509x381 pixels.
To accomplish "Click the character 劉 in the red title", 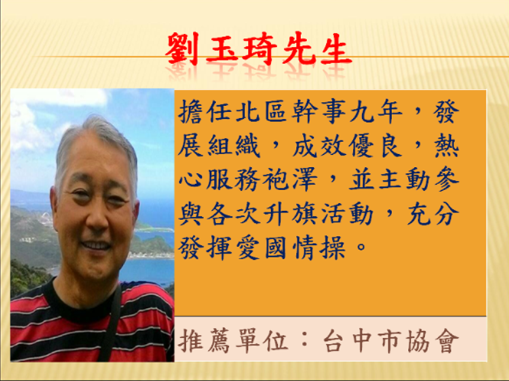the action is [x=183, y=49].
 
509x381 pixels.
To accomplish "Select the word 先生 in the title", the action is [x=317, y=49].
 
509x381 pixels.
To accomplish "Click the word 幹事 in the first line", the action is [x=319, y=111].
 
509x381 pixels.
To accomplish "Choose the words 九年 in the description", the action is [x=376, y=111].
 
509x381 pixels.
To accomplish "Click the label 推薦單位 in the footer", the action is [x=233, y=341].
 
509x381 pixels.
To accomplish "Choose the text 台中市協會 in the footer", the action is [x=391, y=341].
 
